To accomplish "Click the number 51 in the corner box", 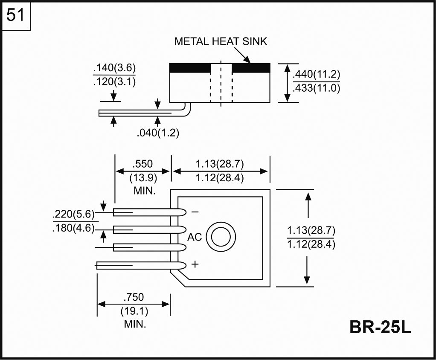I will click(16, 16).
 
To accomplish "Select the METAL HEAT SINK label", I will click(221, 42).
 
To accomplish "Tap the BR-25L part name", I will click(380, 327).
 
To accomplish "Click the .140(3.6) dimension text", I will click(114, 69).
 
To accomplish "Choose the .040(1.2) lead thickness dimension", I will click(158, 133).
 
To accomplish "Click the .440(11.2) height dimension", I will click(316, 75).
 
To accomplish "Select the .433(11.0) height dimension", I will click(316, 88).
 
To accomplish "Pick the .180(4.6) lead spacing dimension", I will click(73, 228).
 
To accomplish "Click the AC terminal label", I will click(195, 237).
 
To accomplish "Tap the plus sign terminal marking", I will click(195, 264).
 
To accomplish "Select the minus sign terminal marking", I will click(195, 212).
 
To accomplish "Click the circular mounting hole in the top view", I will click(221, 237).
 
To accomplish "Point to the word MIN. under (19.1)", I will click(135, 324).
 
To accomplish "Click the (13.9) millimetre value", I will click(143, 177).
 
